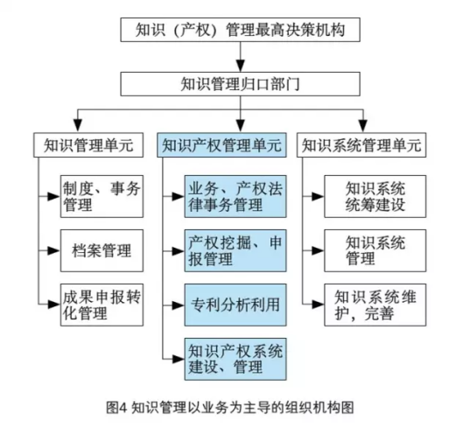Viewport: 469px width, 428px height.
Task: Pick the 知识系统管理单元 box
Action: [361, 144]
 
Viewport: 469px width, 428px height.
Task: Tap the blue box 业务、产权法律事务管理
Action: [235, 197]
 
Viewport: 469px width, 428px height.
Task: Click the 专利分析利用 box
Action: [235, 306]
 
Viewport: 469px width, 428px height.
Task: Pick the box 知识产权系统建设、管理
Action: [235, 358]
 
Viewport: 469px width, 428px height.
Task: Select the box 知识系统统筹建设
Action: [374, 197]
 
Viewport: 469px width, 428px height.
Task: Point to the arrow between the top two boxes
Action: [235, 59]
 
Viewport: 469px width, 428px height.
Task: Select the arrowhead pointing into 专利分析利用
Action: [178, 306]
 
